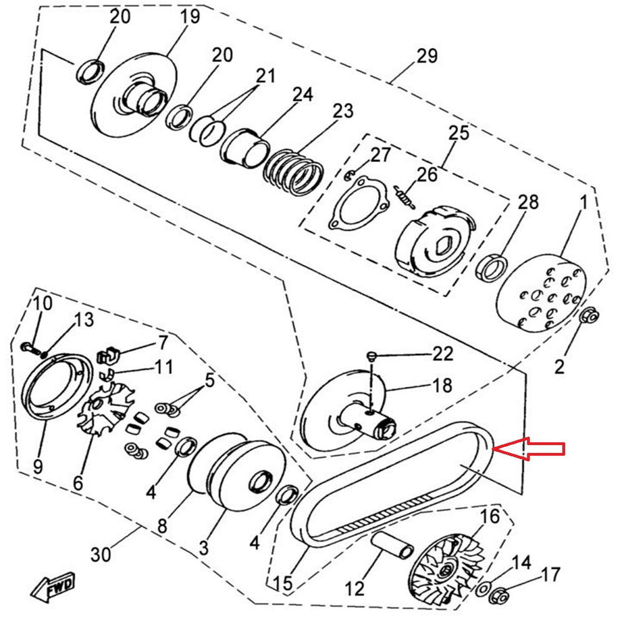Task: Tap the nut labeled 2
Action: pos(588,316)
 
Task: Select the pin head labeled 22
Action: pos(373,356)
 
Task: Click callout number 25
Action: pos(458,133)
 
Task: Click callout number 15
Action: pos(282,583)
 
